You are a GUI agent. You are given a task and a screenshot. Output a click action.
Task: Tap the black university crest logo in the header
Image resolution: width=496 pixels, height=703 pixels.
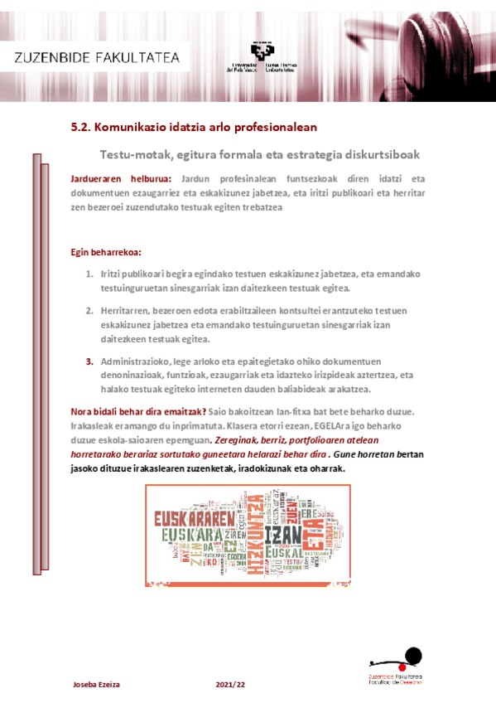pyautogui.click(x=262, y=54)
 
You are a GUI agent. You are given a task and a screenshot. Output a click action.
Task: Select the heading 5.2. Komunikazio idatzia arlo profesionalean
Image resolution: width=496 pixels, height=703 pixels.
pyautogui.click(x=194, y=128)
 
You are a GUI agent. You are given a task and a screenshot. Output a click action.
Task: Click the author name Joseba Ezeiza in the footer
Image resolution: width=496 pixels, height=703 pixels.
pyautogui.click(x=96, y=684)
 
